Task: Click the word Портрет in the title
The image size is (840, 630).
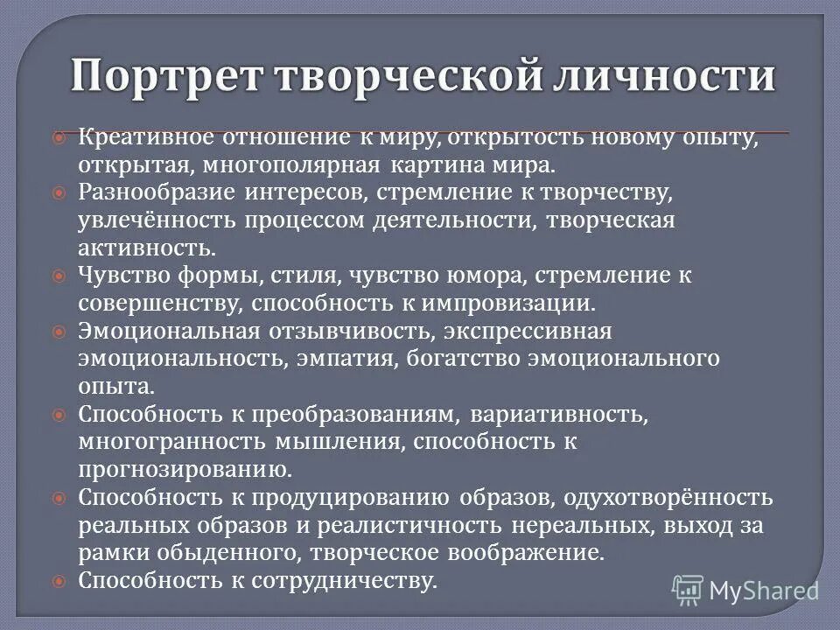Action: tap(166, 76)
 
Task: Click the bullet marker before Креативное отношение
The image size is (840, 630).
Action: tap(59, 138)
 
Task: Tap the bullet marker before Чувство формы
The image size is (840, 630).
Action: tap(59, 276)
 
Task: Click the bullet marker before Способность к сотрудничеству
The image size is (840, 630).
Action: tap(59, 580)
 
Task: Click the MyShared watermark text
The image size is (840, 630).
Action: tap(763, 591)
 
